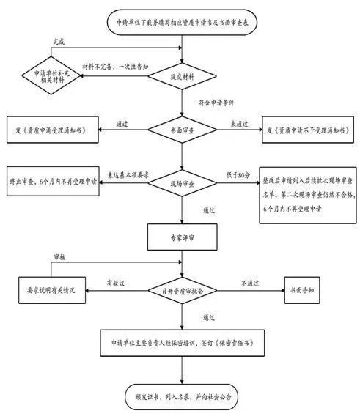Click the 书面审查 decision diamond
point(181,129)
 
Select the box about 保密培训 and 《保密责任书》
point(181,342)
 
